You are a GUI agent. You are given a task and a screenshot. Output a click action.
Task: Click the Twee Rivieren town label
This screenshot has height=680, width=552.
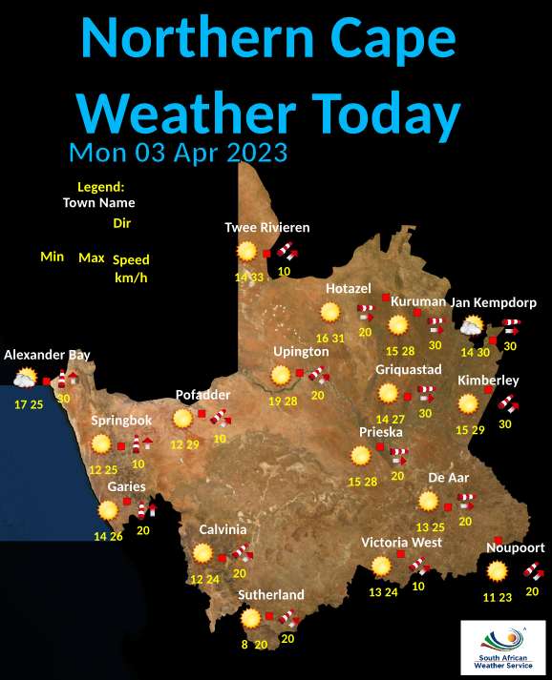[x=266, y=227]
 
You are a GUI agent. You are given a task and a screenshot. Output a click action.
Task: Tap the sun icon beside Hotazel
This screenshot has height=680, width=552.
[x=330, y=312]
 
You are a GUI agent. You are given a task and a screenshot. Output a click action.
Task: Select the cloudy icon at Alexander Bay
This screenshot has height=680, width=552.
[x=24, y=379]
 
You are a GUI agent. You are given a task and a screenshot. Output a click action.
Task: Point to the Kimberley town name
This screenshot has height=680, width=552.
[x=487, y=381]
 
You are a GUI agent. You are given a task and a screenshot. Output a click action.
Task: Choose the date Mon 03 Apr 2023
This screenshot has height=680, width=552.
[x=179, y=153]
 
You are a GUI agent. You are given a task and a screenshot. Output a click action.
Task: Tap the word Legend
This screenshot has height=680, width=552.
[x=101, y=186]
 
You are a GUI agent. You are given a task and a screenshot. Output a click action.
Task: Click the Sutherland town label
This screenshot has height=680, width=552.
[x=270, y=594]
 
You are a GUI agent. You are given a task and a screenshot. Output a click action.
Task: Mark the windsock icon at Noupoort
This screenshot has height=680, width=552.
[x=533, y=572]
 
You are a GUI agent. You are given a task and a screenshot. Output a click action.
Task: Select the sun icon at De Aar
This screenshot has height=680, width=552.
[x=428, y=502]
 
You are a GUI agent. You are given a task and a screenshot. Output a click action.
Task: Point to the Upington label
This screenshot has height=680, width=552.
[x=301, y=352]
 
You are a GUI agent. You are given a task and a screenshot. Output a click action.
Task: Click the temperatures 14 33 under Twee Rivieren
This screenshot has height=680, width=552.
[x=248, y=277]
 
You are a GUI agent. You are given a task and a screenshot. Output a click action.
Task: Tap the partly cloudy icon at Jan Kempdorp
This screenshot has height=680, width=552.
[x=471, y=328]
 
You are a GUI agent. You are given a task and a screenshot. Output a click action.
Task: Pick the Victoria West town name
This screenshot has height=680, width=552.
[x=400, y=542]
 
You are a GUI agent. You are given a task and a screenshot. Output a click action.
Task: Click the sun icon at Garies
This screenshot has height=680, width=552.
[x=106, y=510]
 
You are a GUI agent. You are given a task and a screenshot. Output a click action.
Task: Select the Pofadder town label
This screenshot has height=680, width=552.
[x=203, y=395]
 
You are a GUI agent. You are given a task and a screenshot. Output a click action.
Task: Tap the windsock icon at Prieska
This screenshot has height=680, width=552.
[x=397, y=457]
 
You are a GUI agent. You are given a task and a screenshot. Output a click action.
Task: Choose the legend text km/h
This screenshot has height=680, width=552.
[x=130, y=278]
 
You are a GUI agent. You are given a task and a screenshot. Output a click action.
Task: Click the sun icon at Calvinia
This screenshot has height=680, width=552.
[x=202, y=552]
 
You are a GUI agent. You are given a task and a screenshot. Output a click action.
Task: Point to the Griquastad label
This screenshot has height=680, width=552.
[x=408, y=369]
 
